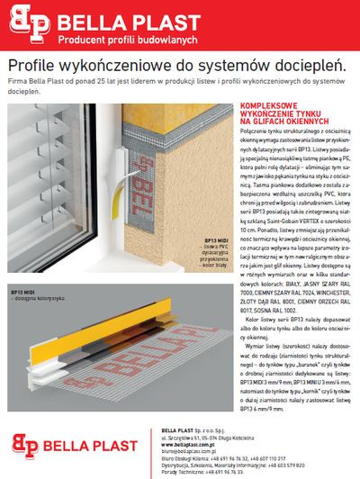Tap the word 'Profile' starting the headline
[33, 66]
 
